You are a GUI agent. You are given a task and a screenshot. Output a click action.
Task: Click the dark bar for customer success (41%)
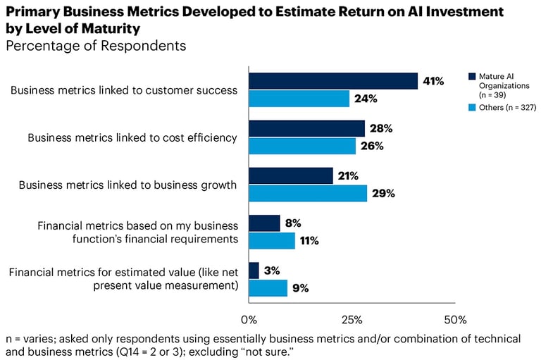coord(332,81)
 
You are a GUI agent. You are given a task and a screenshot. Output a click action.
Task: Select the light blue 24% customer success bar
coord(299,99)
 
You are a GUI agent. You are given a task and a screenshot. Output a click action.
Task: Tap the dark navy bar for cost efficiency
coord(306,128)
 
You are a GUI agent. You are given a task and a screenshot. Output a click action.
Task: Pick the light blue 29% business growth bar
coord(308,194)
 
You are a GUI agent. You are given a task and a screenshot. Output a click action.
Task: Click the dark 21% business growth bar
coord(291,175)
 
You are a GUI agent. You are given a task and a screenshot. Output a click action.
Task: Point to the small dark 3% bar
coord(254,270)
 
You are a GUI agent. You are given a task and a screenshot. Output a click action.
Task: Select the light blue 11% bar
coord(271,241)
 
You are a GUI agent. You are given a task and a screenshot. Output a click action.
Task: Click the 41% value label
coord(433,81)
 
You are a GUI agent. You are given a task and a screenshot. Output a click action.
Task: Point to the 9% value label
coord(300,287)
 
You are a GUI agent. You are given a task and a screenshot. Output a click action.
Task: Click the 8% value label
coord(293,223)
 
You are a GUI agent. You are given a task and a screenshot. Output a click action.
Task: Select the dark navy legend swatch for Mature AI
coord(472,75)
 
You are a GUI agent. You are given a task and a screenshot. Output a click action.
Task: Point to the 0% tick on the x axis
coord(248,319)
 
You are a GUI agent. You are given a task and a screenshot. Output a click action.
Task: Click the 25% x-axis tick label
coord(352,319)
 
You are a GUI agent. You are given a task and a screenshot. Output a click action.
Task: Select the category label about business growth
coord(128,185)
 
